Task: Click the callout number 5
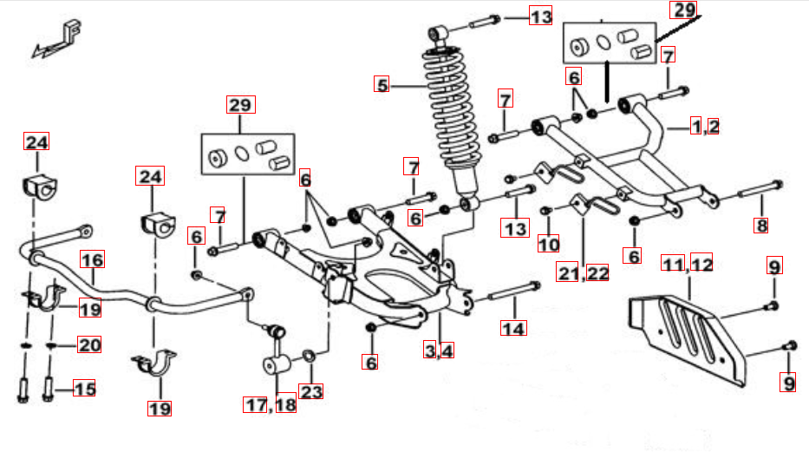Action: [x=382, y=85]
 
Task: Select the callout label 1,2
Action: [x=705, y=127]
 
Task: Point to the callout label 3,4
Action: [x=438, y=350]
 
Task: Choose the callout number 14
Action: [x=513, y=328]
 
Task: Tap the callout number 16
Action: [x=93, y=259]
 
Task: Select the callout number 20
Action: [x=89, y=345]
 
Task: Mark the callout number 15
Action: [x=83, y=389]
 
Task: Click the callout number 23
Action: [x=311, y=391]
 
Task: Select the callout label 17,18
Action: [x=270, y=404]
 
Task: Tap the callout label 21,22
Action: [x=583, y=273]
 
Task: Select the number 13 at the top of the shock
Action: [x=540, y=16]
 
